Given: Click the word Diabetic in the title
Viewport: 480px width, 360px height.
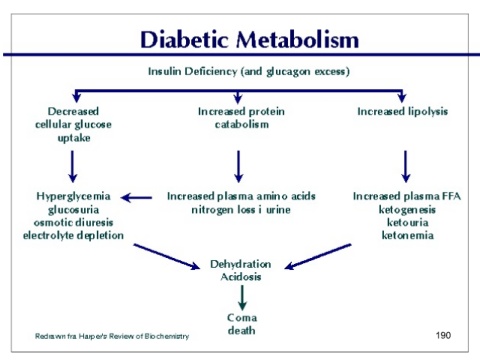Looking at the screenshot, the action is pos(185,40).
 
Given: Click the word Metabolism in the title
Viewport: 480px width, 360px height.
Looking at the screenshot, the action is pos(297,40).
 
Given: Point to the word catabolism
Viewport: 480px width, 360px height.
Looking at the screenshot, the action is pos(242,124).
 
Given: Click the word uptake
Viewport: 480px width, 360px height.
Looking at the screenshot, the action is pos(74,138).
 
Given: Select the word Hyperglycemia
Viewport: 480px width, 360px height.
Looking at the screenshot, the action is pos(73,196).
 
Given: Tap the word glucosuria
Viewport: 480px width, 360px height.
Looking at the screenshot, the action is pos(73,210).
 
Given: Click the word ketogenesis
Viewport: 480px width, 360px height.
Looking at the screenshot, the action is pos(407,210).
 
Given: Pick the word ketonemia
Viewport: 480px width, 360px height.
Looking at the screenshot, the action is pos(407,235).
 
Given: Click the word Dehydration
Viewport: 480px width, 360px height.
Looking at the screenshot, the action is pos(240,264).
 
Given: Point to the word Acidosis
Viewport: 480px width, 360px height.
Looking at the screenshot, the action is pos(241,277).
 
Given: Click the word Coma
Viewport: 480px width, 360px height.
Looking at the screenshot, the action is pos(242,318).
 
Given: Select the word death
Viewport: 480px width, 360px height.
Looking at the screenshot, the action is pos(241,330).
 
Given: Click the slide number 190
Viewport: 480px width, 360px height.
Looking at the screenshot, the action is pos(443,335).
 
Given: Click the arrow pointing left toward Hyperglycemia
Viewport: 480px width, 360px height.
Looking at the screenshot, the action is pos(136,198).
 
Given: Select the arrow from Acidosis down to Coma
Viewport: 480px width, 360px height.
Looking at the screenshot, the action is pos(242,298).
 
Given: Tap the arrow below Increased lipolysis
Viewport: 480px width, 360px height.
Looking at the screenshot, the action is pos(405,166).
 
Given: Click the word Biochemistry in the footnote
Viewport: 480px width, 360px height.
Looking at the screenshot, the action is pos(167,336).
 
